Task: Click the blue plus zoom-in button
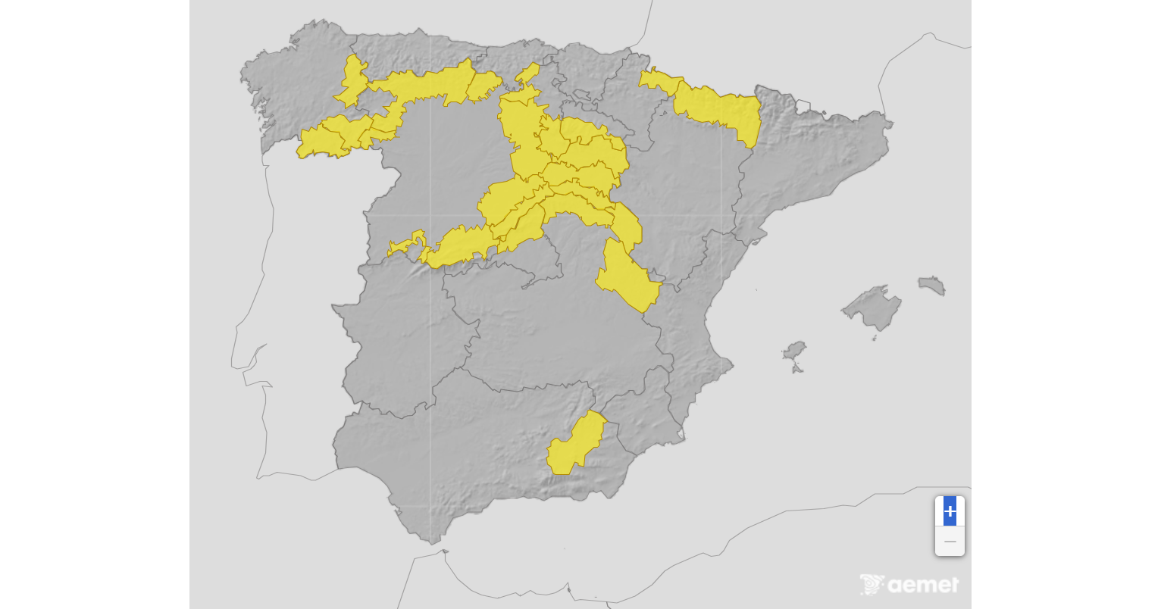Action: click(x=950, y=511)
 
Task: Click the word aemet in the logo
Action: click(x=923, y=585)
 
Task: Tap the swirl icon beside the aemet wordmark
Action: click(x=872, y=585)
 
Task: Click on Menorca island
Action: click(x=933, y=286)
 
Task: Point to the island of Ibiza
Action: click(x=794, y=351)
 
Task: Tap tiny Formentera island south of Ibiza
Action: click(x=796, y=369)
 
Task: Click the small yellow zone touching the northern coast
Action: click(x=527, y=73)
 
